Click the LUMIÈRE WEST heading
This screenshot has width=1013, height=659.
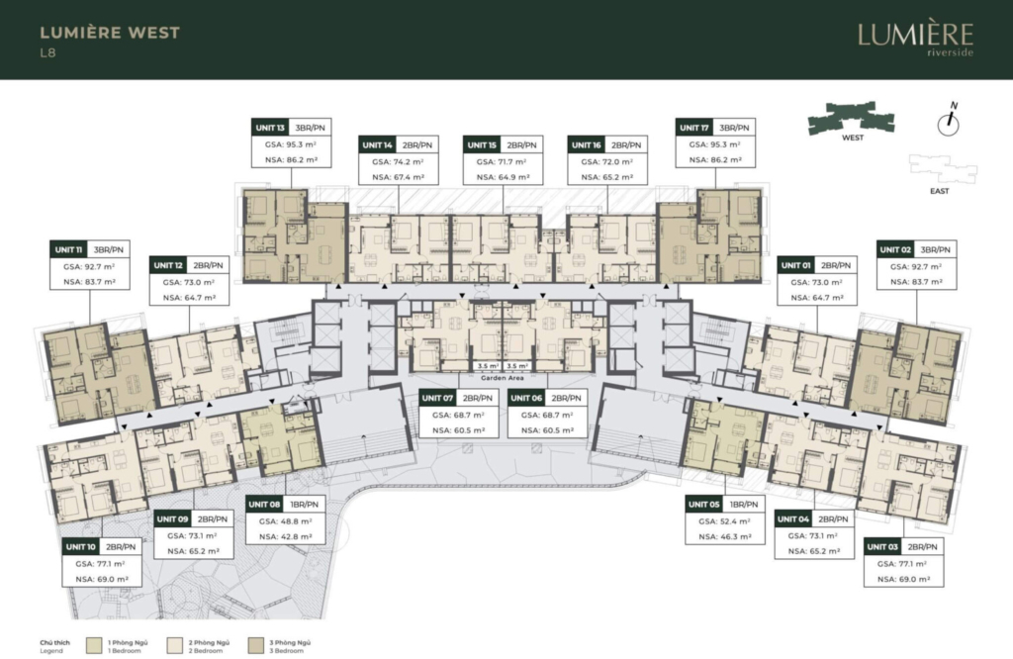(x=110, y=33)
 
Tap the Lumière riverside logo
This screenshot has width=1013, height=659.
(x=915, y=38)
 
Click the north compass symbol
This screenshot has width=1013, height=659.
(x=949, y=120)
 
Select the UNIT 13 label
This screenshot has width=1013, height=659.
(x=270, y=128)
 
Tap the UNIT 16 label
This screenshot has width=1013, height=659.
(x=587, y=144)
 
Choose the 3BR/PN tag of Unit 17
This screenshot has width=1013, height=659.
(x=735, y=128)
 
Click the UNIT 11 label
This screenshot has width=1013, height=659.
(x=68, y=249)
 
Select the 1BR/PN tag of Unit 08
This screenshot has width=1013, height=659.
(x=305, y=504)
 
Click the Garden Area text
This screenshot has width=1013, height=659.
(x=503, y=378)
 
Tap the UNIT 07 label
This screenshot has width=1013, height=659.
(x=437, y=398)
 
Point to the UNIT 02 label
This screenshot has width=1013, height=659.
(x=895, y=249)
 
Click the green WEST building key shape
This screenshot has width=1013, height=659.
(x=851, y=117)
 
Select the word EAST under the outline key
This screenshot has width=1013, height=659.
(x=940, y=191)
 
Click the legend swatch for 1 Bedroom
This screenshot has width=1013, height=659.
(x=94, y=646)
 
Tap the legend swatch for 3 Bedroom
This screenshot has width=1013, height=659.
(x=256, y=646)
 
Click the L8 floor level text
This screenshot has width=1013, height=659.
(x=47, y=53)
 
